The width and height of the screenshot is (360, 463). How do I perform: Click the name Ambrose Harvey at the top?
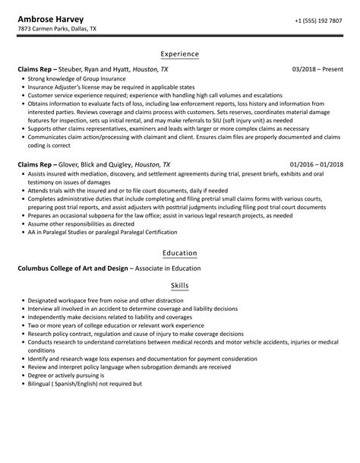pos(51,18)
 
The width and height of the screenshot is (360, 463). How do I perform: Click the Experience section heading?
pos(180,54)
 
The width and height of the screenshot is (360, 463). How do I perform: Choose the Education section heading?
pos(180,253)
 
